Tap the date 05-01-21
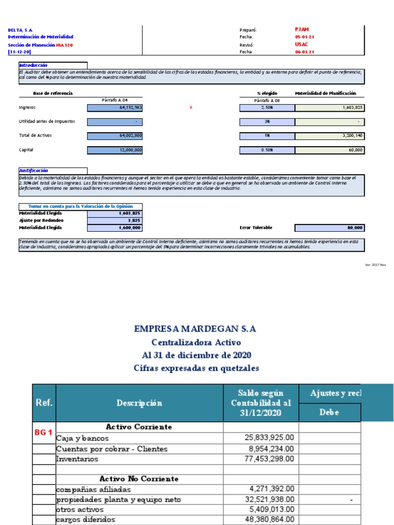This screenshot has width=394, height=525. point(304,37)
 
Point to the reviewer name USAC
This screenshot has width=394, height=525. point(301,45)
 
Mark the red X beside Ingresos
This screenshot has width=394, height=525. point(191,108)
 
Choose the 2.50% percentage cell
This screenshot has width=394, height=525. point(266,108)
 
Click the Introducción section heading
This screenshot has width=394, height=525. point(33,65)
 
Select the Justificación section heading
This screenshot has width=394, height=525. point(34,170)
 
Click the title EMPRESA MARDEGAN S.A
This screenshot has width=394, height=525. point(195,329)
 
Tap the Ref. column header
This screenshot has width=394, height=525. point(44,403)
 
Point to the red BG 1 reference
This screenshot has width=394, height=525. point(44,432)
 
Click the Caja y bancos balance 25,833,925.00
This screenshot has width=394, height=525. point(269,438)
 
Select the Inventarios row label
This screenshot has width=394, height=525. point(77,459)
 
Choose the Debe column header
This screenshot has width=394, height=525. point(330,413)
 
